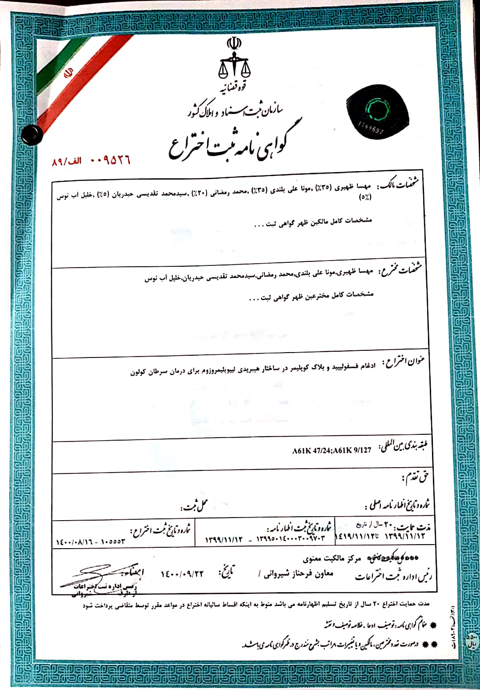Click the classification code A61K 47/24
pos(312,450)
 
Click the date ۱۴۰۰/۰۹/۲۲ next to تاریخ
pos(182,574)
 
